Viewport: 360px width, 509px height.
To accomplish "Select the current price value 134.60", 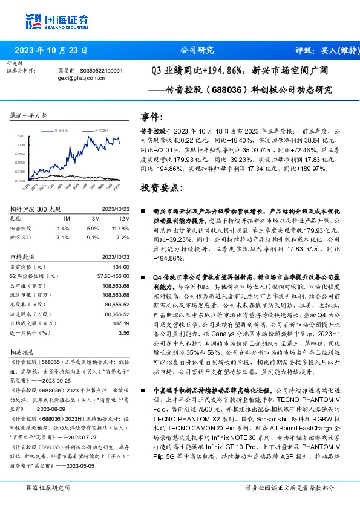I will click(122, 267).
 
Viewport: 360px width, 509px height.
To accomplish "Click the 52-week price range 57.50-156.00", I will click(114, 276).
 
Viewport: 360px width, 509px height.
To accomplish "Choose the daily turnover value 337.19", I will click(121, 323).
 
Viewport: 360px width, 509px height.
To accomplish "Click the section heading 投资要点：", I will click(162, 188).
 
